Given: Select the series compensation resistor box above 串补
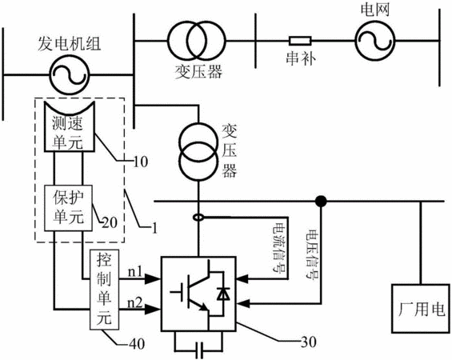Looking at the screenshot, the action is tap(300, 41).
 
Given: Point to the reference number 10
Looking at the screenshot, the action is tap(140, 162).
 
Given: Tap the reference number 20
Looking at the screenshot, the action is tap(110, 222).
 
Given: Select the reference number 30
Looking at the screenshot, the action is tap(309, 342).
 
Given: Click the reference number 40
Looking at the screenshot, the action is tap(137, 344).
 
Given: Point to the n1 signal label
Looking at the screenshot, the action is tap(135, 271).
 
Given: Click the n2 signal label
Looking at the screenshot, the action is tap(135, 303).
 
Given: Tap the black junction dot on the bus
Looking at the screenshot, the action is tap(321, 201).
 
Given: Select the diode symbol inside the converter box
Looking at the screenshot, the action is tap(223, 294).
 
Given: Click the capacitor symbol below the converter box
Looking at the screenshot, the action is tap(199, 350).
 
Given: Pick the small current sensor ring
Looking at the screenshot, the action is tap(198, 217).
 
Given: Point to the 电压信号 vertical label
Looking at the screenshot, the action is tap(313, 254).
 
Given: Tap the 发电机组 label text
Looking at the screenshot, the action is tap(69, 44).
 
